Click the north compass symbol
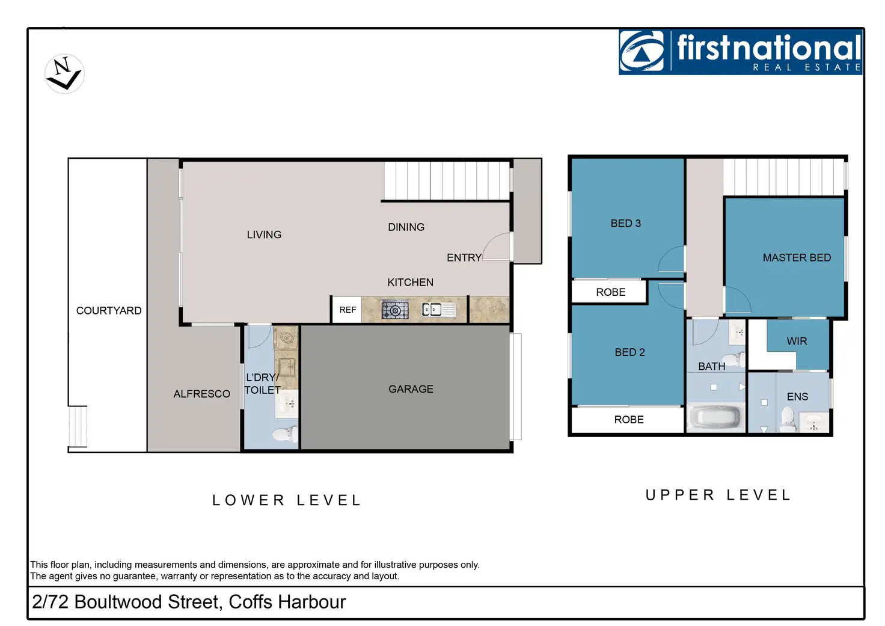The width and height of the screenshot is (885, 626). [64, 74]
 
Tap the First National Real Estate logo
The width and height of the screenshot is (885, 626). [740, 52]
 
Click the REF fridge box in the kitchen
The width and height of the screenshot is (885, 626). [347, 310]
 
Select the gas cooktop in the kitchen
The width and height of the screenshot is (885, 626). [395, 310]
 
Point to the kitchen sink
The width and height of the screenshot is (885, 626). [438, 310]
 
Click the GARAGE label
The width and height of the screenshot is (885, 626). [411, 389]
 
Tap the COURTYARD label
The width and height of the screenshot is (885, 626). [109, 311]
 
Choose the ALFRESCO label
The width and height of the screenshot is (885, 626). [201, 394]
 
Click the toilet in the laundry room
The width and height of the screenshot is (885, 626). [285, 434]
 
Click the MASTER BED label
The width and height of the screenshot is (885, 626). [797, 257]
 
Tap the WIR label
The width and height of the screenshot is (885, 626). [797, 341]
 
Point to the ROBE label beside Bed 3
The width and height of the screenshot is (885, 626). [610, 292]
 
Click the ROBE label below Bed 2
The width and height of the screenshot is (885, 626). [629, 419]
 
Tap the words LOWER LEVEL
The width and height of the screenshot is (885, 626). [286, 500]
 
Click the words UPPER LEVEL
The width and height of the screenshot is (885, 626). [718, 495]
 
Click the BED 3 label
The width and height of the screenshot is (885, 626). [625, 223]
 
